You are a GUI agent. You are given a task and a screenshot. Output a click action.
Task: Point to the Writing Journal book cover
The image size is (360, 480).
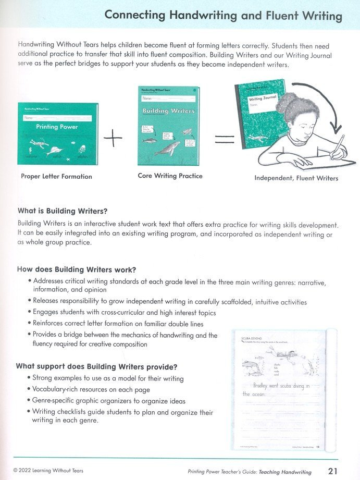coord(260,115)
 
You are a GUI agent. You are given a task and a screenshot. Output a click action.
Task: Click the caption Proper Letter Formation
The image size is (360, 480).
coord(56,177)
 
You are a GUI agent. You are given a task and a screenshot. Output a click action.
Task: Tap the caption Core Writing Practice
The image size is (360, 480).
coord(170,176)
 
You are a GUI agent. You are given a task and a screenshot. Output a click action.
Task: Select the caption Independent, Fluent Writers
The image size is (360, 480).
coord(296,178)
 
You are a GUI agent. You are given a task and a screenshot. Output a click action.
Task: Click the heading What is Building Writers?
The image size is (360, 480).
coord(63,211)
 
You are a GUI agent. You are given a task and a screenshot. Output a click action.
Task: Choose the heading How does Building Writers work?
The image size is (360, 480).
coord(77,269)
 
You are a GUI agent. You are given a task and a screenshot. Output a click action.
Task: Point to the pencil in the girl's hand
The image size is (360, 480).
coord(338,145)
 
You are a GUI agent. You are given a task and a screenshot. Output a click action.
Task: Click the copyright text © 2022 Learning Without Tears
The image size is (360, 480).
coord(48,471)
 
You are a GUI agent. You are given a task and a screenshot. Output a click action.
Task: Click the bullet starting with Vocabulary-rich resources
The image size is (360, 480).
coord(91,389)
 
